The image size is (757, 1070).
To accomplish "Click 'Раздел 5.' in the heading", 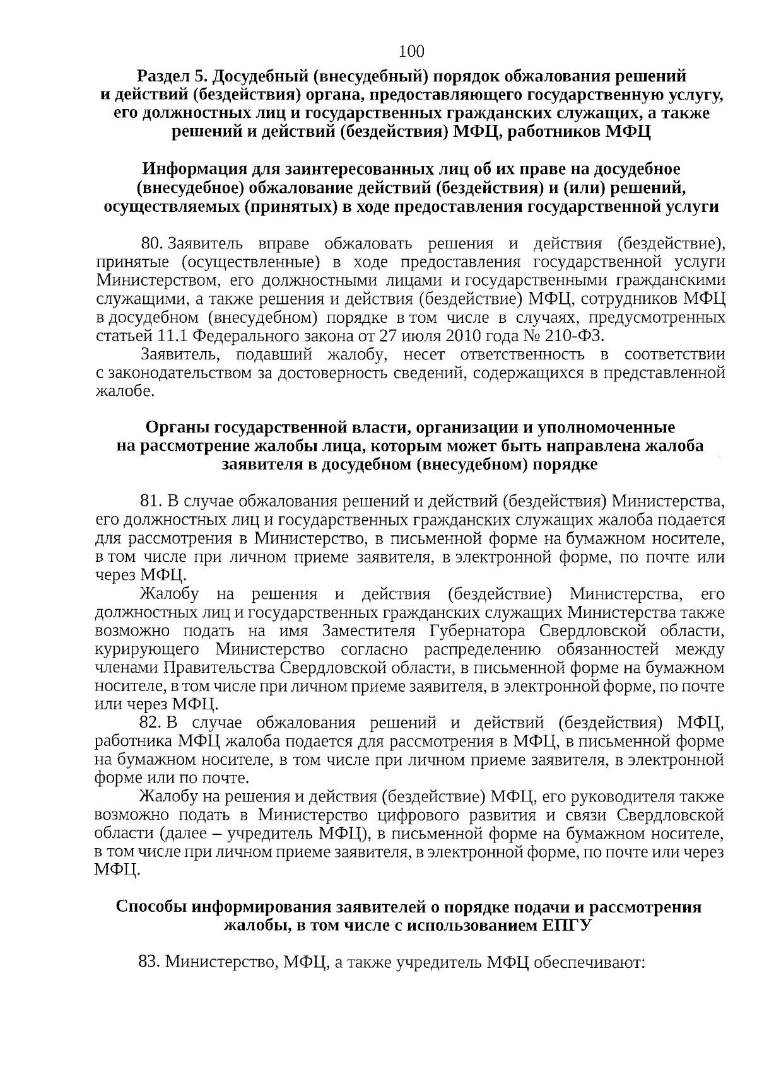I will coord(172,77).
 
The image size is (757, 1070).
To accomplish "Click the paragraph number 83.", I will coord(150,962).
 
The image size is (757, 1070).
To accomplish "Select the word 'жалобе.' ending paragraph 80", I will coord(124,392).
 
